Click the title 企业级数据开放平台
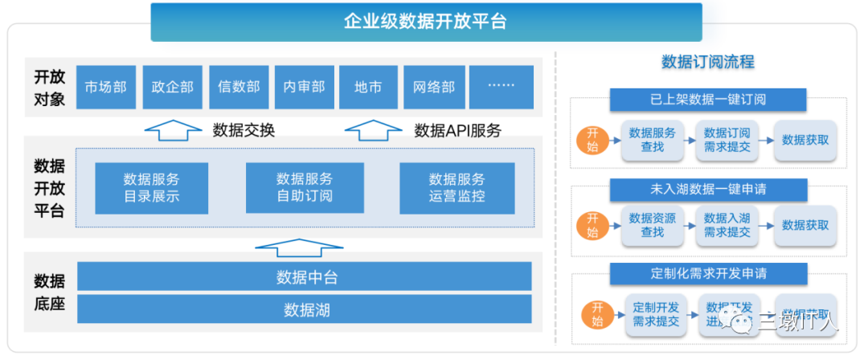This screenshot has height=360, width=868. tap(425, 22)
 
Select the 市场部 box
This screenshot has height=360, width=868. tap(105, 87)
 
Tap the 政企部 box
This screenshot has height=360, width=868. tap(172, 87)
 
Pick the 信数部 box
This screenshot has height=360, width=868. tap(238, 87)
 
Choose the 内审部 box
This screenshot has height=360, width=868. tap(304, 87)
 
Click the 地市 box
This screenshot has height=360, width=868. tap(368, 87)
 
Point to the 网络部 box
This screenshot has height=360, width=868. tap(434, 87)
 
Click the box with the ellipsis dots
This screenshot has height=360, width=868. tap(501, 87)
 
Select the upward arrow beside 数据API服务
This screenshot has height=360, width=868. tap(373, 129)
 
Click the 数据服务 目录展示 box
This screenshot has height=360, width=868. tap(151, 187)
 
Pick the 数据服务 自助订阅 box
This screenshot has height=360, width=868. tap(305, 187)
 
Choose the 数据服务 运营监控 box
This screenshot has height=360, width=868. tap(457, 187)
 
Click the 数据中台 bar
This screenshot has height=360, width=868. tap(305, 278)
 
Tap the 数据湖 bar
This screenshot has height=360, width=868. tap(305, 309)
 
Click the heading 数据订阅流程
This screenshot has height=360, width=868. tap(707, 62)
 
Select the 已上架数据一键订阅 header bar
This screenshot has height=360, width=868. tap(708, 100)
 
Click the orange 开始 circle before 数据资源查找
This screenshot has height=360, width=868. tap(592, 226)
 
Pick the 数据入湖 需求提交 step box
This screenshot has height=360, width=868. tap(727, 225)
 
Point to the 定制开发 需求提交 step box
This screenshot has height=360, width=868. tap(656, 314)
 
